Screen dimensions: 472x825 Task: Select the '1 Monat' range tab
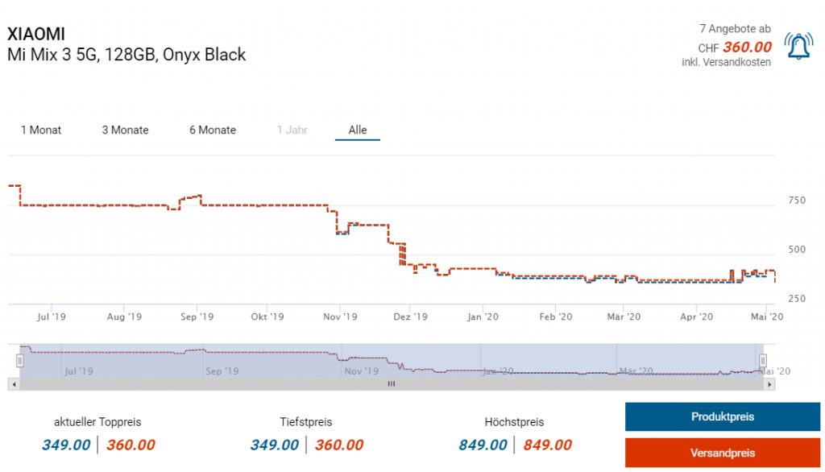click(41, 130)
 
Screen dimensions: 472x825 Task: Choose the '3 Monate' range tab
click(125, 130)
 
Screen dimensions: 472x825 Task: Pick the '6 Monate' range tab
click(213, 130)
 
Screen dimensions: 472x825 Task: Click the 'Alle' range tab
click(358, 130)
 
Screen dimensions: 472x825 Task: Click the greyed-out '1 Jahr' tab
click(292, 130)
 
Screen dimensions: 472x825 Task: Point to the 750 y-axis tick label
click(795, 201)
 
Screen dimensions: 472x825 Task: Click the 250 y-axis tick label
click(795, 299)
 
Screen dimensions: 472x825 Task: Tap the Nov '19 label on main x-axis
click(339, 317)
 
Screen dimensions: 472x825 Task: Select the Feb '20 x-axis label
click(556, 317)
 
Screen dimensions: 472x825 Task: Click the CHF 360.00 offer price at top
click(747, 48)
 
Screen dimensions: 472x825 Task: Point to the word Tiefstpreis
click(306, 422)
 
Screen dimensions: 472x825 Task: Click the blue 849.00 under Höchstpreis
click(483, 445)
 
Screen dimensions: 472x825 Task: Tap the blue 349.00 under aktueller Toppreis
click(66, 445)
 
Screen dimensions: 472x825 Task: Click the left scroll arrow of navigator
click(12, 384)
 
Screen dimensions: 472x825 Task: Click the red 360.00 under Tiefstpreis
click(339, 445)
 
